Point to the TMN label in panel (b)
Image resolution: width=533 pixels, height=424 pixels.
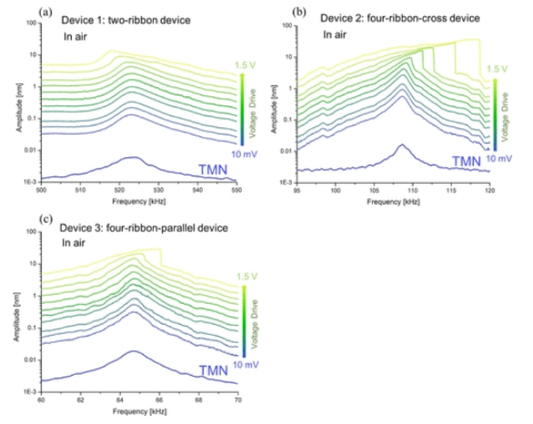(x=465, y=161)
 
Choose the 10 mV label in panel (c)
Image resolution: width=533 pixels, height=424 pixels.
(x=241, y=364)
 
